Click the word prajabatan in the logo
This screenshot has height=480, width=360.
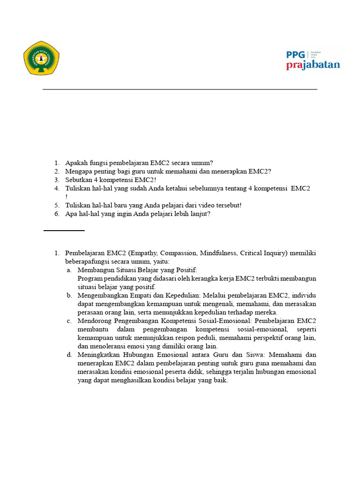[x=313, y=65]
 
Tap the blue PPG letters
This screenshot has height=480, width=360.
[x=295, y=54]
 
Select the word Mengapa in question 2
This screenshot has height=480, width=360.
[x=78, y=172]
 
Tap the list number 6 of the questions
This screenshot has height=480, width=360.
[x=56, y=213]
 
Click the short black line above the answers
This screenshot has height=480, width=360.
[x=64, y=231]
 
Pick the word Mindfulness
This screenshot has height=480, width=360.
[x=219, y=253]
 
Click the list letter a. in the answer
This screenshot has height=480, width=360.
[x=69, y=270]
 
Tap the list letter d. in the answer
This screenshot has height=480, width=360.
[x=69, y=354]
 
